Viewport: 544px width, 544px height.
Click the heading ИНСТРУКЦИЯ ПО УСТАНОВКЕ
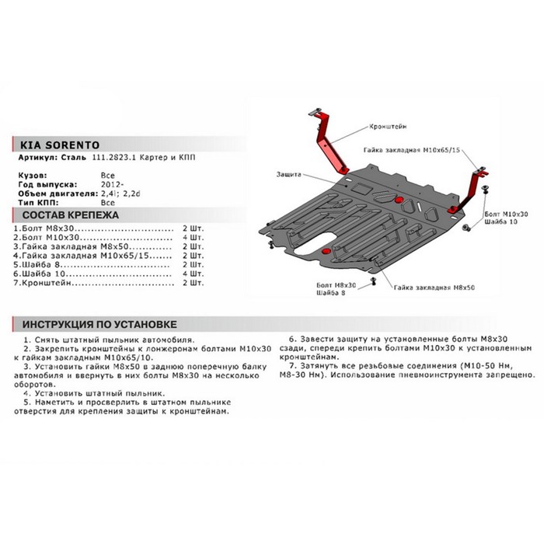[x=100, y=324]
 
